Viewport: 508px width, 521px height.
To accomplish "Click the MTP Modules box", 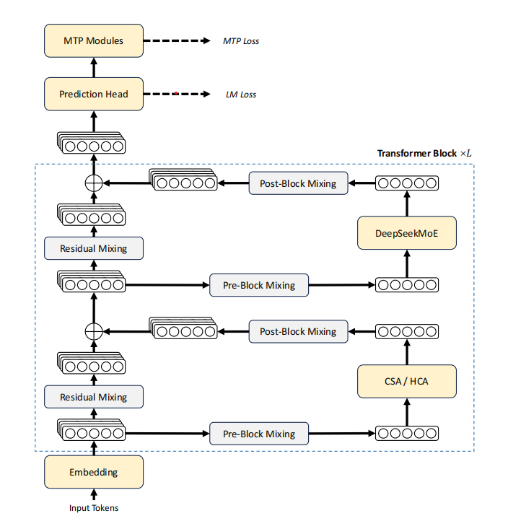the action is pos(94,40).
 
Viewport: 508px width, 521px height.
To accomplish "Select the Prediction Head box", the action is pos(94,94).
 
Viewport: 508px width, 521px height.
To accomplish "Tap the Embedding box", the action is pos(94,472).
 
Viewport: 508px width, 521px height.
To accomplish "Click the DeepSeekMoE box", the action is pos(407,233).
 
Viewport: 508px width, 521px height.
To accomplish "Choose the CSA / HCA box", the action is pos(407,381).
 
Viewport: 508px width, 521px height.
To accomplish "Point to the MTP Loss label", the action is pos(241,41).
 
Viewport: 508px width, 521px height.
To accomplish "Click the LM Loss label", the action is pos(241,95).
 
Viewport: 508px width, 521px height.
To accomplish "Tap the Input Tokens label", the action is pos(94,508).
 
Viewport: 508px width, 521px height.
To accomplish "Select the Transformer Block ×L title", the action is pos(424,153).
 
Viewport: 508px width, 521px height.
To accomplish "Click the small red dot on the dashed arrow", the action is pos(176,93).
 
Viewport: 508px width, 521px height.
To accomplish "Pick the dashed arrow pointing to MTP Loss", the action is pos(177,40).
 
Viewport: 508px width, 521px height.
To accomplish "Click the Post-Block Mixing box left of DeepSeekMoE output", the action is pos(298,183).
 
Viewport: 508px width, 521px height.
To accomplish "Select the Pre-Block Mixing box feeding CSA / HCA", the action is pos(259,434).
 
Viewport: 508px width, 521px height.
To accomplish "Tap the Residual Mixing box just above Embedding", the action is pos(94,397).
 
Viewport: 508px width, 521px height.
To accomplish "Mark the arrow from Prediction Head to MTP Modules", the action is pos(94,67).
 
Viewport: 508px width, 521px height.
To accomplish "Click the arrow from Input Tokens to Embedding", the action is pos(94,494).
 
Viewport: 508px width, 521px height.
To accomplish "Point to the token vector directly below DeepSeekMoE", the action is pos(407,285).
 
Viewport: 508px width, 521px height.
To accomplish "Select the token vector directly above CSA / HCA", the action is pos(407,331).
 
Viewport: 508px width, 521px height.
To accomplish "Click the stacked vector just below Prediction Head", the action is pos(92,143).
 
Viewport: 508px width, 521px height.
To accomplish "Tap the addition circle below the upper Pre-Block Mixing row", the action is pos(94,332).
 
